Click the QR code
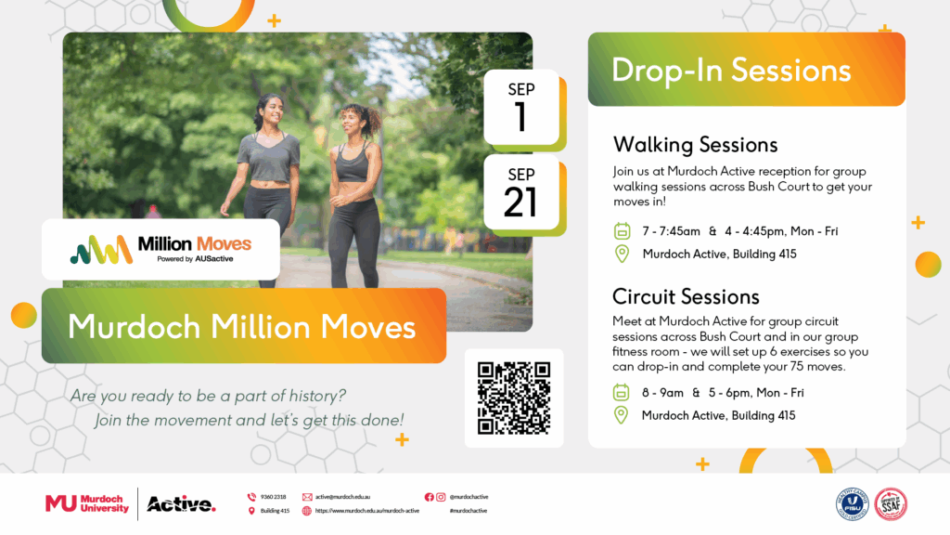pos(514,398)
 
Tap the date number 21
pos(520,202)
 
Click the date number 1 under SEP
pos(520,117)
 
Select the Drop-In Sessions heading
pos(731,70)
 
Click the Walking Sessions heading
pos(695,145)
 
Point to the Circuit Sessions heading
pos(686,296)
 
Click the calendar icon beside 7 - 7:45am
pos(622,230)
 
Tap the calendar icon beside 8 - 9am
pos(622,392)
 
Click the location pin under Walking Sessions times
pos(622,254)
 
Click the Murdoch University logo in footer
pos(87,503)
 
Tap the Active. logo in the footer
pos(181,504)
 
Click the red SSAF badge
pos(891,503)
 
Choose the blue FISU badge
pos(852,503)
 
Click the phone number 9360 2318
pos(273,497)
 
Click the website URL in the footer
pos(366,511)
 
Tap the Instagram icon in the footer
pos(441,497)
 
